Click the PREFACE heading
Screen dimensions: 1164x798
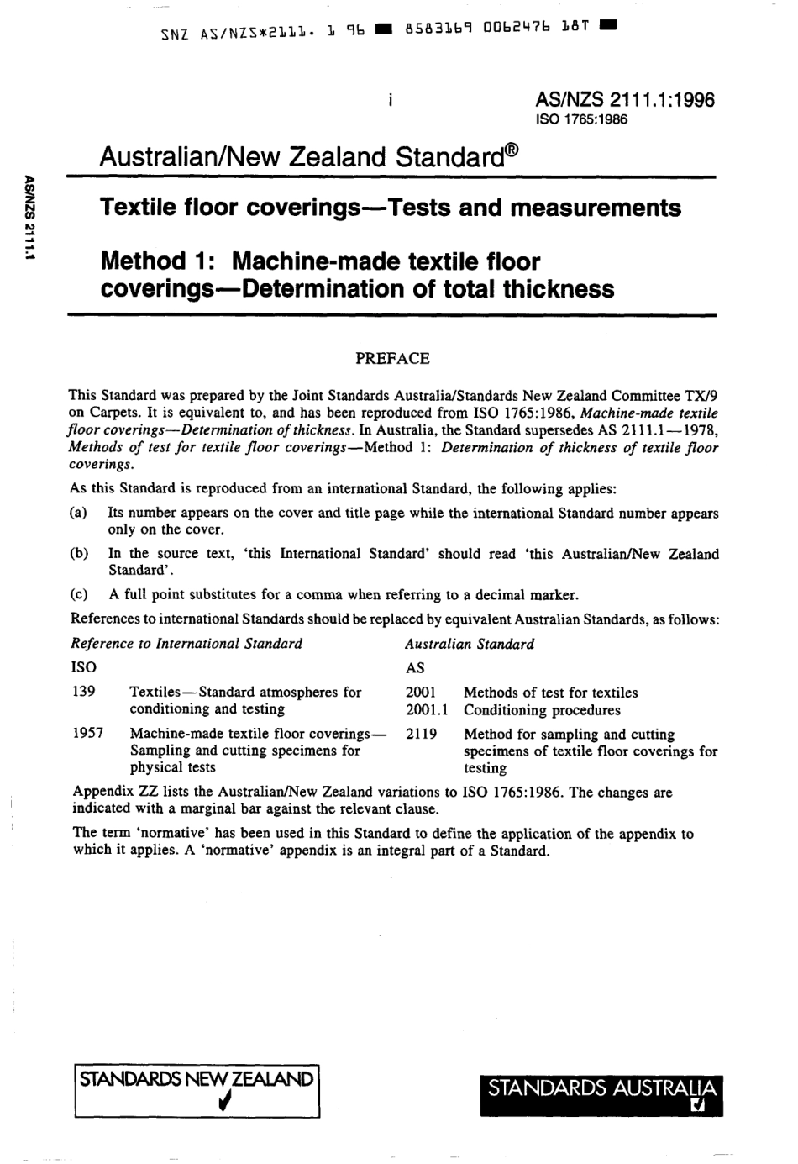[392, 359]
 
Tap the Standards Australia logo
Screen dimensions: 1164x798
[601, 1093]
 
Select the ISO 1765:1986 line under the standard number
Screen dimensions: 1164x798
[581, 119]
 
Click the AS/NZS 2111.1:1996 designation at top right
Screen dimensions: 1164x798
[625, 100]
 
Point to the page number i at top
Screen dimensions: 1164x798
[391, 101]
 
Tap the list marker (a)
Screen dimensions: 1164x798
[80, 513]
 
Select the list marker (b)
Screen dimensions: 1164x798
[80, 554]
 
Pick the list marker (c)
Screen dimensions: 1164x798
[80, 595]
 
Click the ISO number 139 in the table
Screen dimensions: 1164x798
[84, 692]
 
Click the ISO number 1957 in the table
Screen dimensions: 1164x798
[88, 733]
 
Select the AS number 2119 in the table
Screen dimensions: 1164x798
[421, 734]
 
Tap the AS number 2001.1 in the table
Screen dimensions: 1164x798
[426, 709]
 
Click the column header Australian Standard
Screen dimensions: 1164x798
[470, 644]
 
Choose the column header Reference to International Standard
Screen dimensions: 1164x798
[186, 644]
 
